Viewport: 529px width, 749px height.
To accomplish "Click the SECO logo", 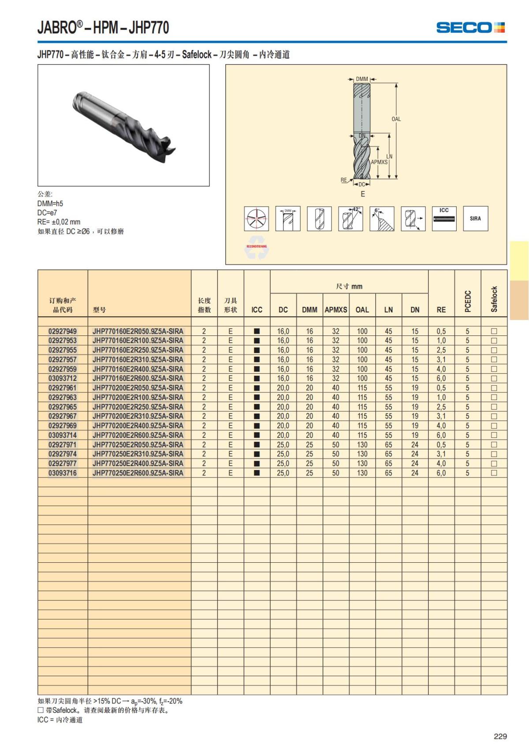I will tap(470, 27).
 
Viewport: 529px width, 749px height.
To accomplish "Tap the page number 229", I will tap(500, 736).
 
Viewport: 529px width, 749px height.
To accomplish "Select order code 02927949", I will tap(63, 331).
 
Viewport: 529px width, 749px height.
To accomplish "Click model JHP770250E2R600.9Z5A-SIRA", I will tap(138, 473).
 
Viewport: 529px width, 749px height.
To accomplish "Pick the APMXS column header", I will tap(336, 310).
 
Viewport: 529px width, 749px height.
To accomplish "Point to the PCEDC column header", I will tap(468, 301).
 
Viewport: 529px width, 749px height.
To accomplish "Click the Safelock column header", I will tap(494, 299).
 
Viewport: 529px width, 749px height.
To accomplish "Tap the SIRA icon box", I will tap(475, 218).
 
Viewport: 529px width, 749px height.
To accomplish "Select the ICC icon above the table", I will tap(444, 218).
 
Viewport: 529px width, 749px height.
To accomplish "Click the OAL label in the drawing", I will tap(396, 119).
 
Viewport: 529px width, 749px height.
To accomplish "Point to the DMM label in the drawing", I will tap(362, 79).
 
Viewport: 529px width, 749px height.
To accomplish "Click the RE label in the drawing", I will tap(344, 180).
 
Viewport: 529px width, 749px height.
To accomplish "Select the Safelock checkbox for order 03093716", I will tap(494, 473).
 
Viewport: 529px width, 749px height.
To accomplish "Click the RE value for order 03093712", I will tap(441, 379).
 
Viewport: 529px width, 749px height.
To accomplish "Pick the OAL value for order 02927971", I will tap(362, 445).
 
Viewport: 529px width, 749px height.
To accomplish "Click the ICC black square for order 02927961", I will tap(257, 388).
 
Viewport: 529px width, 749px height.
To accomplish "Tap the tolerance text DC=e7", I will tap(47, 213).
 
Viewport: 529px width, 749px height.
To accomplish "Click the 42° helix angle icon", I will tap(350, 218).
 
